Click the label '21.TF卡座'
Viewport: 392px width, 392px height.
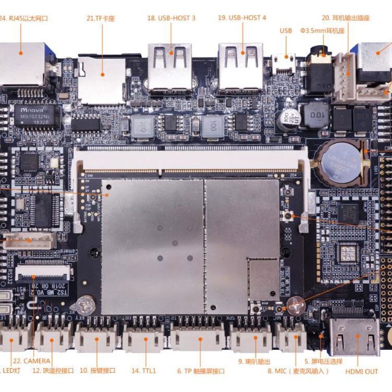(x=101, y=19)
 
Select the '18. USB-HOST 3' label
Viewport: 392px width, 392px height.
(x=171, y=18)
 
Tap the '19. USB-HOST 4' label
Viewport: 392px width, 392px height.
(x=242, y=18)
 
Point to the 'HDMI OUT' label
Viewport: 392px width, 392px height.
(x=361, y=372)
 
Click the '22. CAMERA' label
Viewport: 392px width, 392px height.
(x=32, y=361)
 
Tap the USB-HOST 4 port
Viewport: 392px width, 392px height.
(x=241, y=67)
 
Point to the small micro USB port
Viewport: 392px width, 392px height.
(x=284, y=63)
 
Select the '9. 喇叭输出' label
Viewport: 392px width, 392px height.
(x=254, y=361)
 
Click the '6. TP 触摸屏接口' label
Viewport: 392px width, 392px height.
(x=201, y=371)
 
